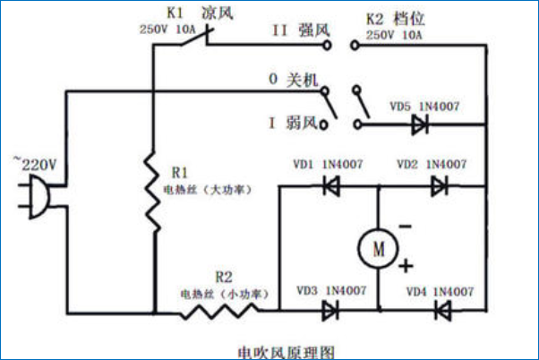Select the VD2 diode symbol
439,186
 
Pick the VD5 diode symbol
418,125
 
